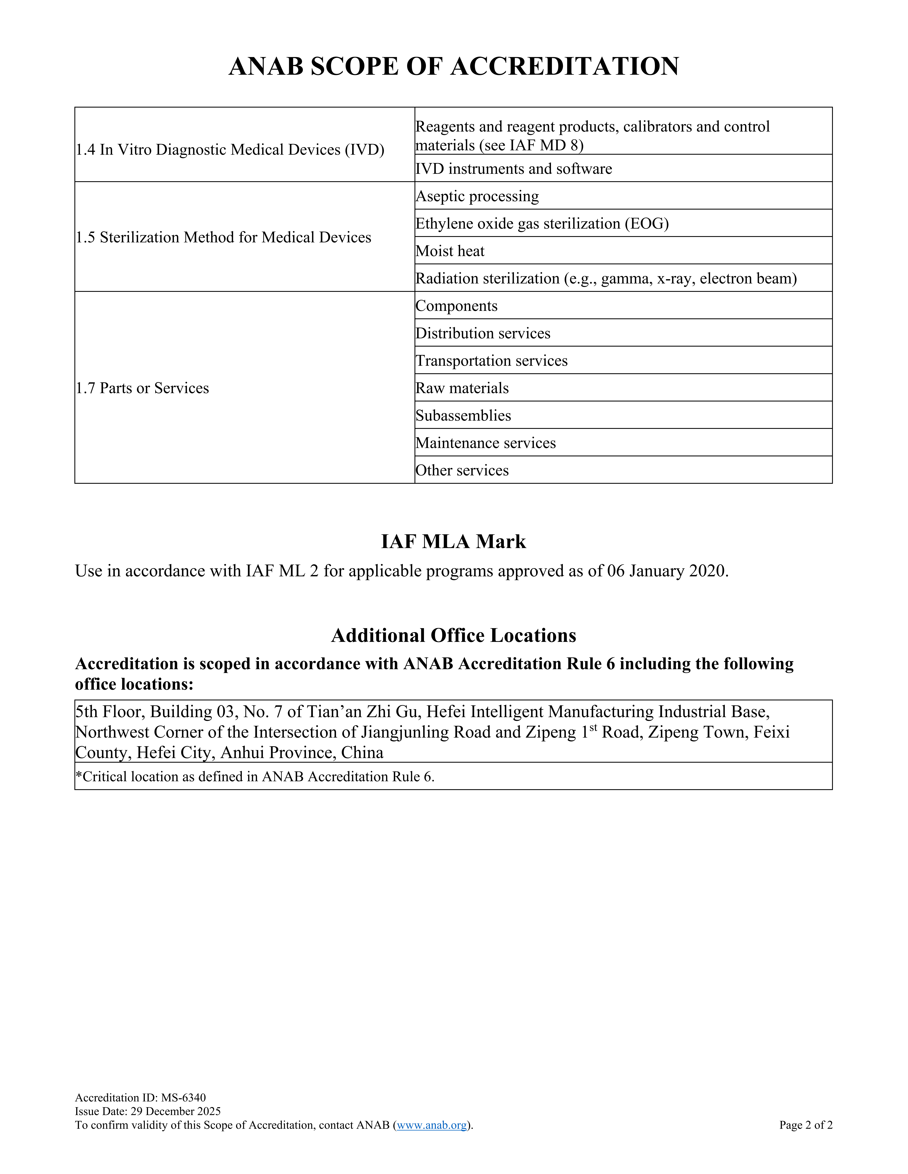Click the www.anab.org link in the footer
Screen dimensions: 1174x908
click(432, 1125)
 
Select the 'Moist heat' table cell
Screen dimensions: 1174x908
click(450, 251)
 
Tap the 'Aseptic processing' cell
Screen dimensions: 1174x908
click(477, 196)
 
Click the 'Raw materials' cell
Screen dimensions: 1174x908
click(462, 388)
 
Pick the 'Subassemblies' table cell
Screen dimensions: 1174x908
click(463, 416)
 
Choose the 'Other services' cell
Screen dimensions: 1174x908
click(462, 470)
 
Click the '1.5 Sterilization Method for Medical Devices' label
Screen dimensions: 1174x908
click(223, 238)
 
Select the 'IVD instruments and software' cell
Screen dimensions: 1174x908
click(514, 169)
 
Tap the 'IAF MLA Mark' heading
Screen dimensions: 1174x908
click(453, 541)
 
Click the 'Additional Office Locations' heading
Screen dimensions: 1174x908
click(453, 635)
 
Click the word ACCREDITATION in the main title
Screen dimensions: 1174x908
click(565, 67)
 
